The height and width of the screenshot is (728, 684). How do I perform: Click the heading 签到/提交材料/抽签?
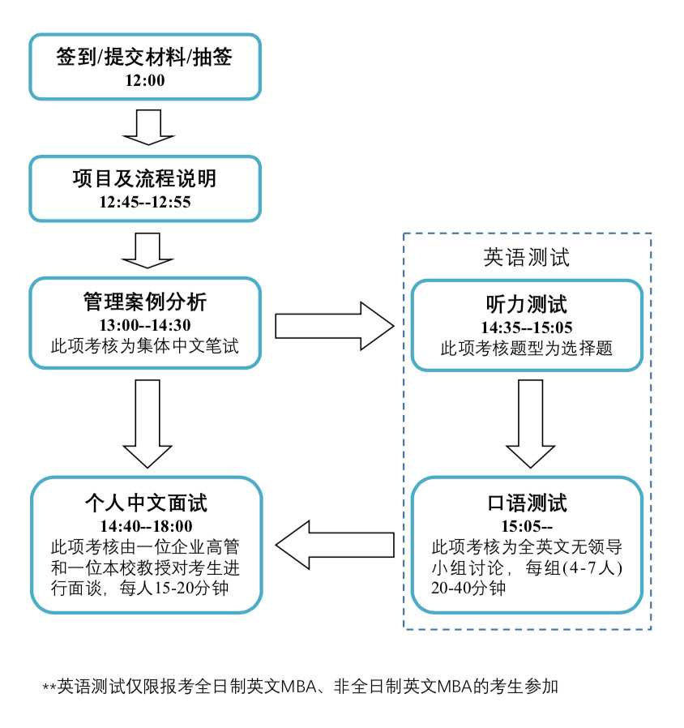pyautogui.click(x=146, y=59)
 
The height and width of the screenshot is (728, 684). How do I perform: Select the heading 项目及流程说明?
pyautogui.click(x=146, y=179)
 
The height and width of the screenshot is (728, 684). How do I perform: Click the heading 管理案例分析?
pyautogui.click(x=146, y=302)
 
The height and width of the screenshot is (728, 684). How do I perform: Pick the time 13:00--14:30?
pyautogui.click(x=146, y=325)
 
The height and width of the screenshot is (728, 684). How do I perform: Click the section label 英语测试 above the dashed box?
pyautogui.click(x=527, y=257)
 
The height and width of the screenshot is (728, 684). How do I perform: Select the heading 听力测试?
pyautogui.click(x=527, y=305)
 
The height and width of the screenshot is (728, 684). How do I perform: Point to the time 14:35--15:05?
pyautogui.click(x=527, y=328)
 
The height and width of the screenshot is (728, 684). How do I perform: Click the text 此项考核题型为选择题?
pyautogui.click(x=527, y=349)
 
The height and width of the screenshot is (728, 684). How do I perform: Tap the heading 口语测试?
pyautogui.click(x=527, y=502)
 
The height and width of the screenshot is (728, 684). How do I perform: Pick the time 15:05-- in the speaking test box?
pyautogui.click(x=527, y=525)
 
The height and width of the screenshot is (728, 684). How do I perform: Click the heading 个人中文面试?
pyautogui.click(x=146, y=503)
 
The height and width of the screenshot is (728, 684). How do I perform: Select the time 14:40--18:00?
pyautogui.click(x=146, y=525)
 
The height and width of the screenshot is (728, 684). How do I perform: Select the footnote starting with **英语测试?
pyautogui.click(x=301, y=686)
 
